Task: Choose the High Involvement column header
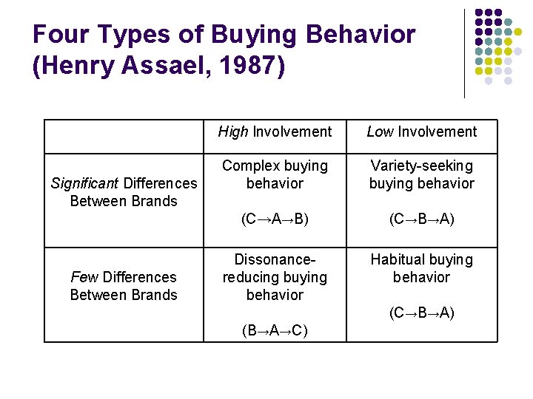[275, 132]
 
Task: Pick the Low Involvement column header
[422, 132]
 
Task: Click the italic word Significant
[84, 183]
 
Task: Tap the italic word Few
[84, 277]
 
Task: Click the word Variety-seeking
[422, 166]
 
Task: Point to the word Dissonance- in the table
[275, 260]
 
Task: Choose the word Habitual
[400, 260]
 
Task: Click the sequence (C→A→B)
[275, 219]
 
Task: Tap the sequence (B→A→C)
[275, 330]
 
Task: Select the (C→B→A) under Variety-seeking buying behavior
[422, 219]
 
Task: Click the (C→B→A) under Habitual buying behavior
[422, 313]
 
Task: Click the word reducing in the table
[254, 278]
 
